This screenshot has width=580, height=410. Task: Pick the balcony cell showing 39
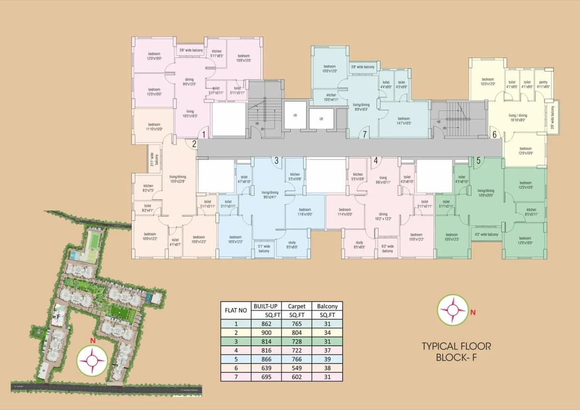coord(327,359)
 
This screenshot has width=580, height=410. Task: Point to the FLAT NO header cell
coord(236,310)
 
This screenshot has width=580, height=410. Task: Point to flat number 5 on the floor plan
coord(478,161)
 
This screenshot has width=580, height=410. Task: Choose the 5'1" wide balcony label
coord(264,249)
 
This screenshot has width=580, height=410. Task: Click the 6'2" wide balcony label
coord(388,249)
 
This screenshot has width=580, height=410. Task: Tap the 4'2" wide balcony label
coord(486,234)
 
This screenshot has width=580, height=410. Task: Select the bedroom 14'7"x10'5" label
coord(404,120)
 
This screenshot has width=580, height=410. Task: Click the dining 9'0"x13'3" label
coord(189,81)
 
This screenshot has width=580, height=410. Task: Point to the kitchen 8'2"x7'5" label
coord(148,188)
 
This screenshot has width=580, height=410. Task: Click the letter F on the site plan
coord(59,317)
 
